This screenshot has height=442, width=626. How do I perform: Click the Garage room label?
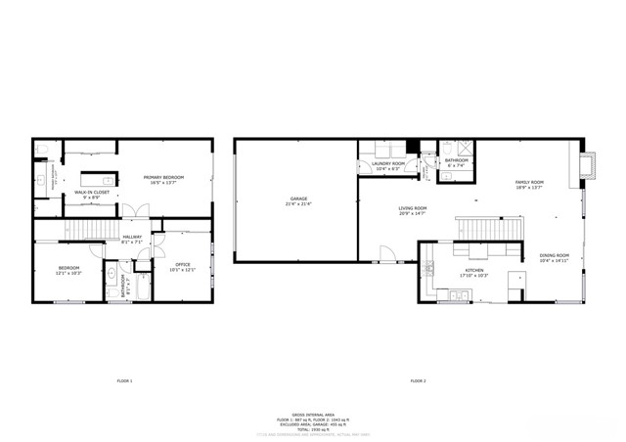(296, 200)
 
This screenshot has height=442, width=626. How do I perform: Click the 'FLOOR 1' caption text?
(124, 379)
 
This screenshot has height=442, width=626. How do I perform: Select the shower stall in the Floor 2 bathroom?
(466, 149)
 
